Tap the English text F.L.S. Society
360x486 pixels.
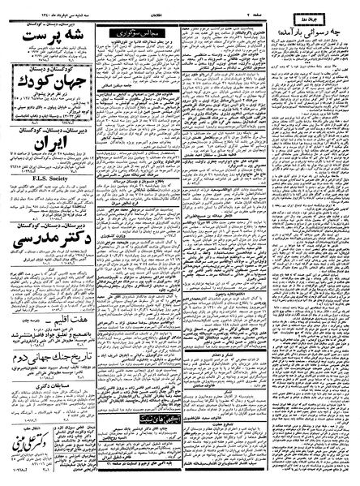pos(45,196)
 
